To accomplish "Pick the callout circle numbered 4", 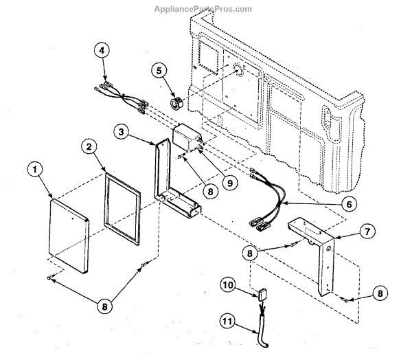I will (102, 51).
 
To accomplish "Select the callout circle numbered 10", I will (229, 284).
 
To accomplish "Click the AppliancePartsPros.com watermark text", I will (205, 10).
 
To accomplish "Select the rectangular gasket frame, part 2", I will (122, 207).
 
